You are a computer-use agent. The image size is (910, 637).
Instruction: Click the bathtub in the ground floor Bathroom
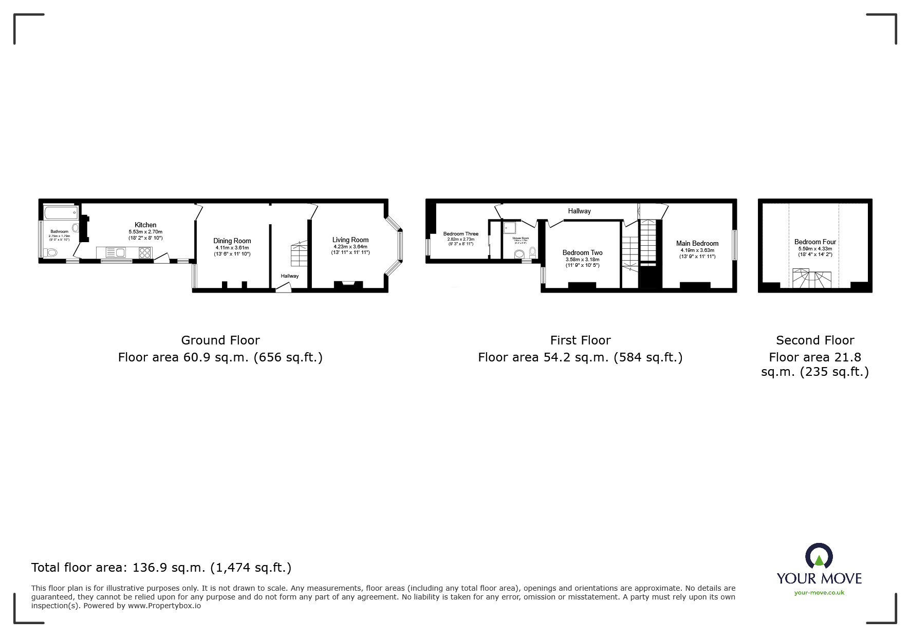[x=61, y=212]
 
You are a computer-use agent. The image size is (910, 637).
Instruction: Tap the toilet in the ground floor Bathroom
[x=50, y=252]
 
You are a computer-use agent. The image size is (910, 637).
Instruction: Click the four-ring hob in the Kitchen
[x=145, y=252]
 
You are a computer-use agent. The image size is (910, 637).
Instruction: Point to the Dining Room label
[x=232, y=241]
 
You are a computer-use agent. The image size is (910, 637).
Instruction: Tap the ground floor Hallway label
[x=289, y=276]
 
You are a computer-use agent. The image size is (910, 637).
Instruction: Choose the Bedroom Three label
[x=460, y=234]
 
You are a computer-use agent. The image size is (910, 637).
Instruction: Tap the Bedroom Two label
[x=582, y=252]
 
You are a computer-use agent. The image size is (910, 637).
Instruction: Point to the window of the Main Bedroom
[x=734, y=245]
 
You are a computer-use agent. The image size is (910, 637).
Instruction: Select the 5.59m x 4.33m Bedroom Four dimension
[x=815, y=249]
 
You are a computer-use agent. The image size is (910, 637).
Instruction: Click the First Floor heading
[x=580, y=340]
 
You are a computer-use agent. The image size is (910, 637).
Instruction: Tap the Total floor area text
[x=161, y=568]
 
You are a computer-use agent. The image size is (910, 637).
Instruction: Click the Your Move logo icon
[x=819, y=556]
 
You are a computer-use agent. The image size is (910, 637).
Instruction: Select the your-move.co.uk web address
[x=819, y=593]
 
